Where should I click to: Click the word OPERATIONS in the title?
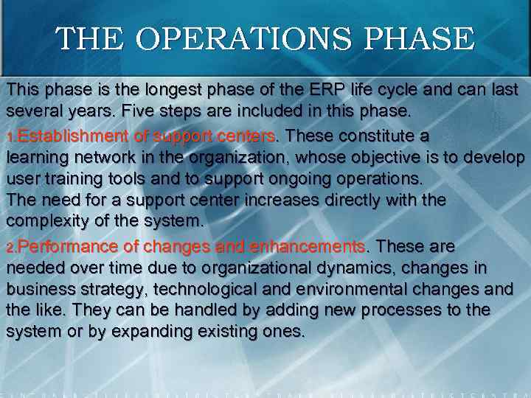(x=221, y=39)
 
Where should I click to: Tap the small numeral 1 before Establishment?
(x=10, y=138)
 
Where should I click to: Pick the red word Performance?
(x=67, y=246)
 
